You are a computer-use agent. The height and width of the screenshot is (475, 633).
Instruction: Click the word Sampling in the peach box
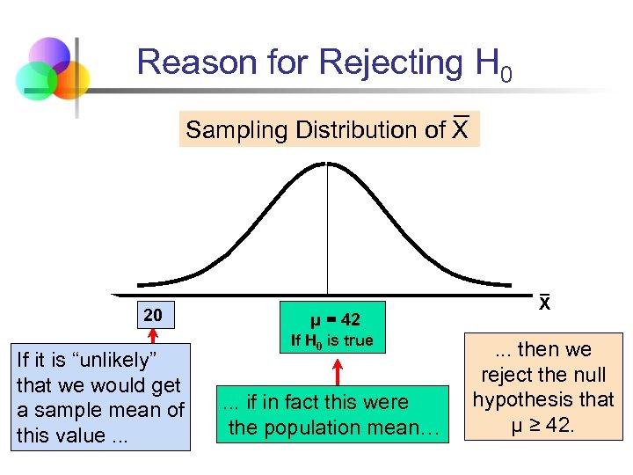237,130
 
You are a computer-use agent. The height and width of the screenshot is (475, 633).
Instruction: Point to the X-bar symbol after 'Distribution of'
460,129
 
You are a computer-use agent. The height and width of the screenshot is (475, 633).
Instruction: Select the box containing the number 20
152,315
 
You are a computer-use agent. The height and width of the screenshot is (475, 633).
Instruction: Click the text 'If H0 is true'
333,340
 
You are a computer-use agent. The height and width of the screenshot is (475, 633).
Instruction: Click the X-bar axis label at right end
544,303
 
